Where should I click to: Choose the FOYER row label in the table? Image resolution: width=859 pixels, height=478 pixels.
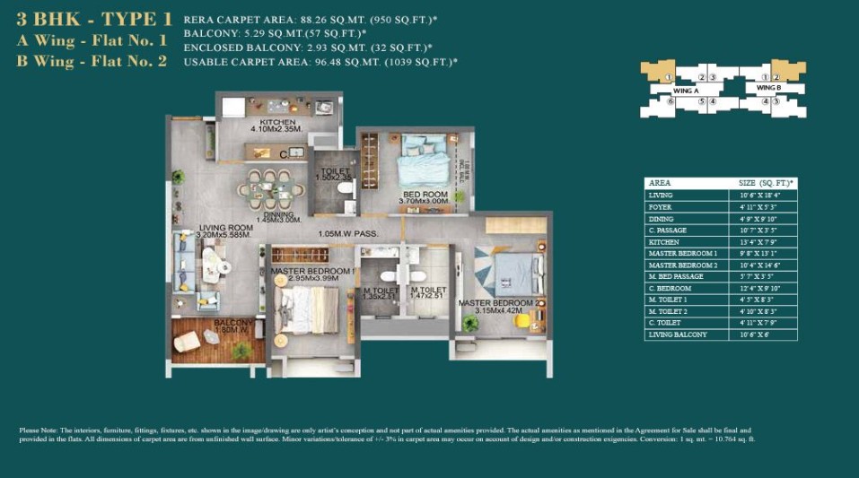pos(661,207)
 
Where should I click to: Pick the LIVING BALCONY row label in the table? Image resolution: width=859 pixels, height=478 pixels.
pos(678,335)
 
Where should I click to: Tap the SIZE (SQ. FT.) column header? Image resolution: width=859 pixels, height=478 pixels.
pos(760,183)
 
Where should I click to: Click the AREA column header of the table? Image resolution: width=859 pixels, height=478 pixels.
pos(660,183)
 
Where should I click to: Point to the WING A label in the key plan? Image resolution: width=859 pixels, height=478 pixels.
pos(686,91)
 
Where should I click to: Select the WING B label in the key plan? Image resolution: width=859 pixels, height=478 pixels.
pos(768,88)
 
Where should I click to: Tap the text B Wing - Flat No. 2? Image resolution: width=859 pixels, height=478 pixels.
pos(92,61)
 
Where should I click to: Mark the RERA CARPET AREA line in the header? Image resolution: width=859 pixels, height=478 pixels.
pos(304,19)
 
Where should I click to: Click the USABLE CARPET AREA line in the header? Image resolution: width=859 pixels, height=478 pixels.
pos(320,62)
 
